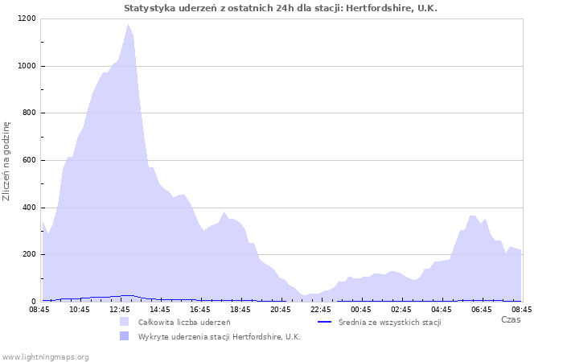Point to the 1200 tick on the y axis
pyautogui.click(x=27, y=19)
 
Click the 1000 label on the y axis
pyautogui.click(x=27, y=66)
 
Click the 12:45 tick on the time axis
pyautogui.click(x=120, y=309)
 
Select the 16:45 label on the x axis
pyautogui.click(x=200, y=309)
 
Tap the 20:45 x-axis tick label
pyautogui.click(x=281, y=309)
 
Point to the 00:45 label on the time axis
pyautogui.click(x=361, y=309)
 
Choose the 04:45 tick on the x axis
pyautogui.click(x=442, y=309)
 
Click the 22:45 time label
pyautogui.click(x=321, y=309)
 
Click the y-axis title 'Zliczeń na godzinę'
pyautogui.click(x=6, y=161)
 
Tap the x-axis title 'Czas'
pyautogui.click(x=510, y=319)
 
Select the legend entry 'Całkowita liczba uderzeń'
pyautogui.click(x=184, y=322)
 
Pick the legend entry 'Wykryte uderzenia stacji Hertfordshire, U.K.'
pyautogui.click(x=219, y=336)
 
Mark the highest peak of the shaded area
pyautogui.click(x=127, y=25)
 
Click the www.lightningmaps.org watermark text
pyautogui.click(x=45, y=356)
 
